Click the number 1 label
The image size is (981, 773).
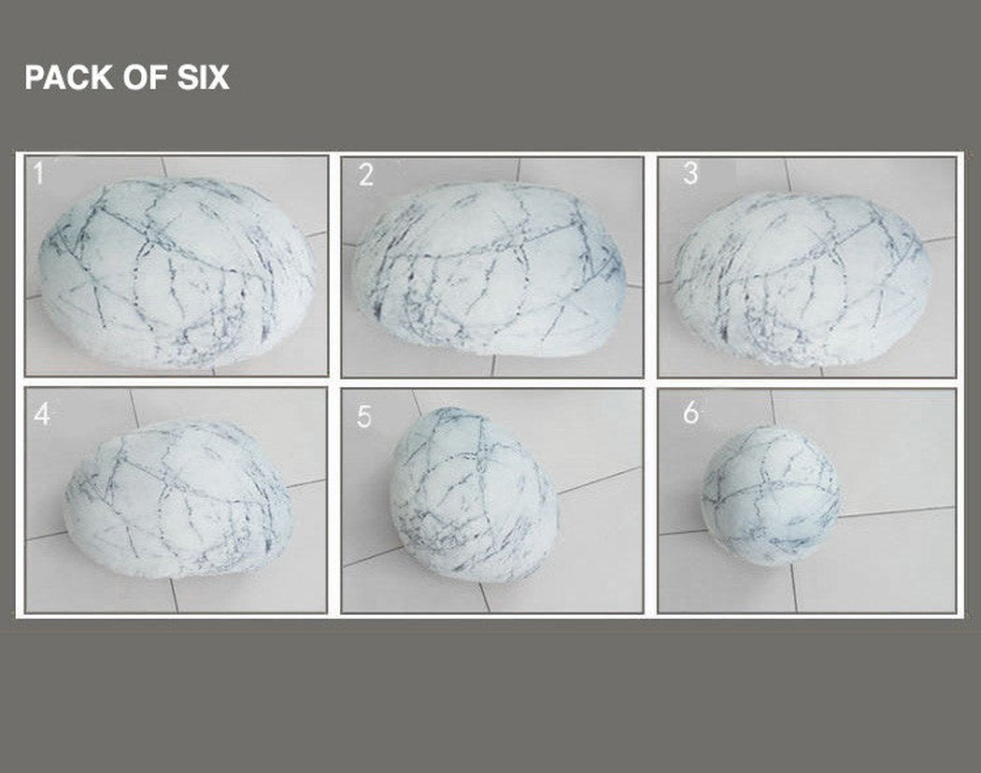click(x=39, y=173)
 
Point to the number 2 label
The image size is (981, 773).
click(x=366, y=174)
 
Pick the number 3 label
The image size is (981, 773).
click(x=690, y=173)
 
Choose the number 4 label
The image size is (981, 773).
click(x=42, y=414)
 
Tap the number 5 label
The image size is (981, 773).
click(x=364, y=416)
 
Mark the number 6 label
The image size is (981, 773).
click(x=690, y=412)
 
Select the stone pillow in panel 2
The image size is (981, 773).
click(x=490, y=269)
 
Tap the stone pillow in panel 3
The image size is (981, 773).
click(x=803, y=279)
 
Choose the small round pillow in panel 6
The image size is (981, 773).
click(x=771, y=495)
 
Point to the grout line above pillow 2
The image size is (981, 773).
click(x=518, y=169)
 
